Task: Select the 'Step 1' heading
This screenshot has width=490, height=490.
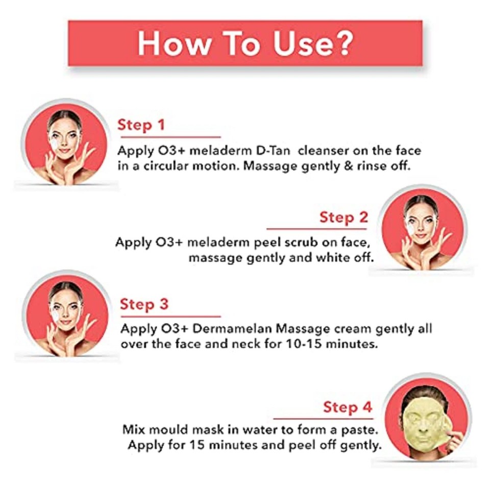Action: click(x=141, y=126)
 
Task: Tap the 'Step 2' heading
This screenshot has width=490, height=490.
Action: click(x=344, y=217)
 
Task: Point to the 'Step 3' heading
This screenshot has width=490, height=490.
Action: click(x=144, y=304)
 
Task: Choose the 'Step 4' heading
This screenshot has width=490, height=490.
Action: click(x=348, y=407)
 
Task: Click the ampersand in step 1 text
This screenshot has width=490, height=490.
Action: click(x=369, y=167)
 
